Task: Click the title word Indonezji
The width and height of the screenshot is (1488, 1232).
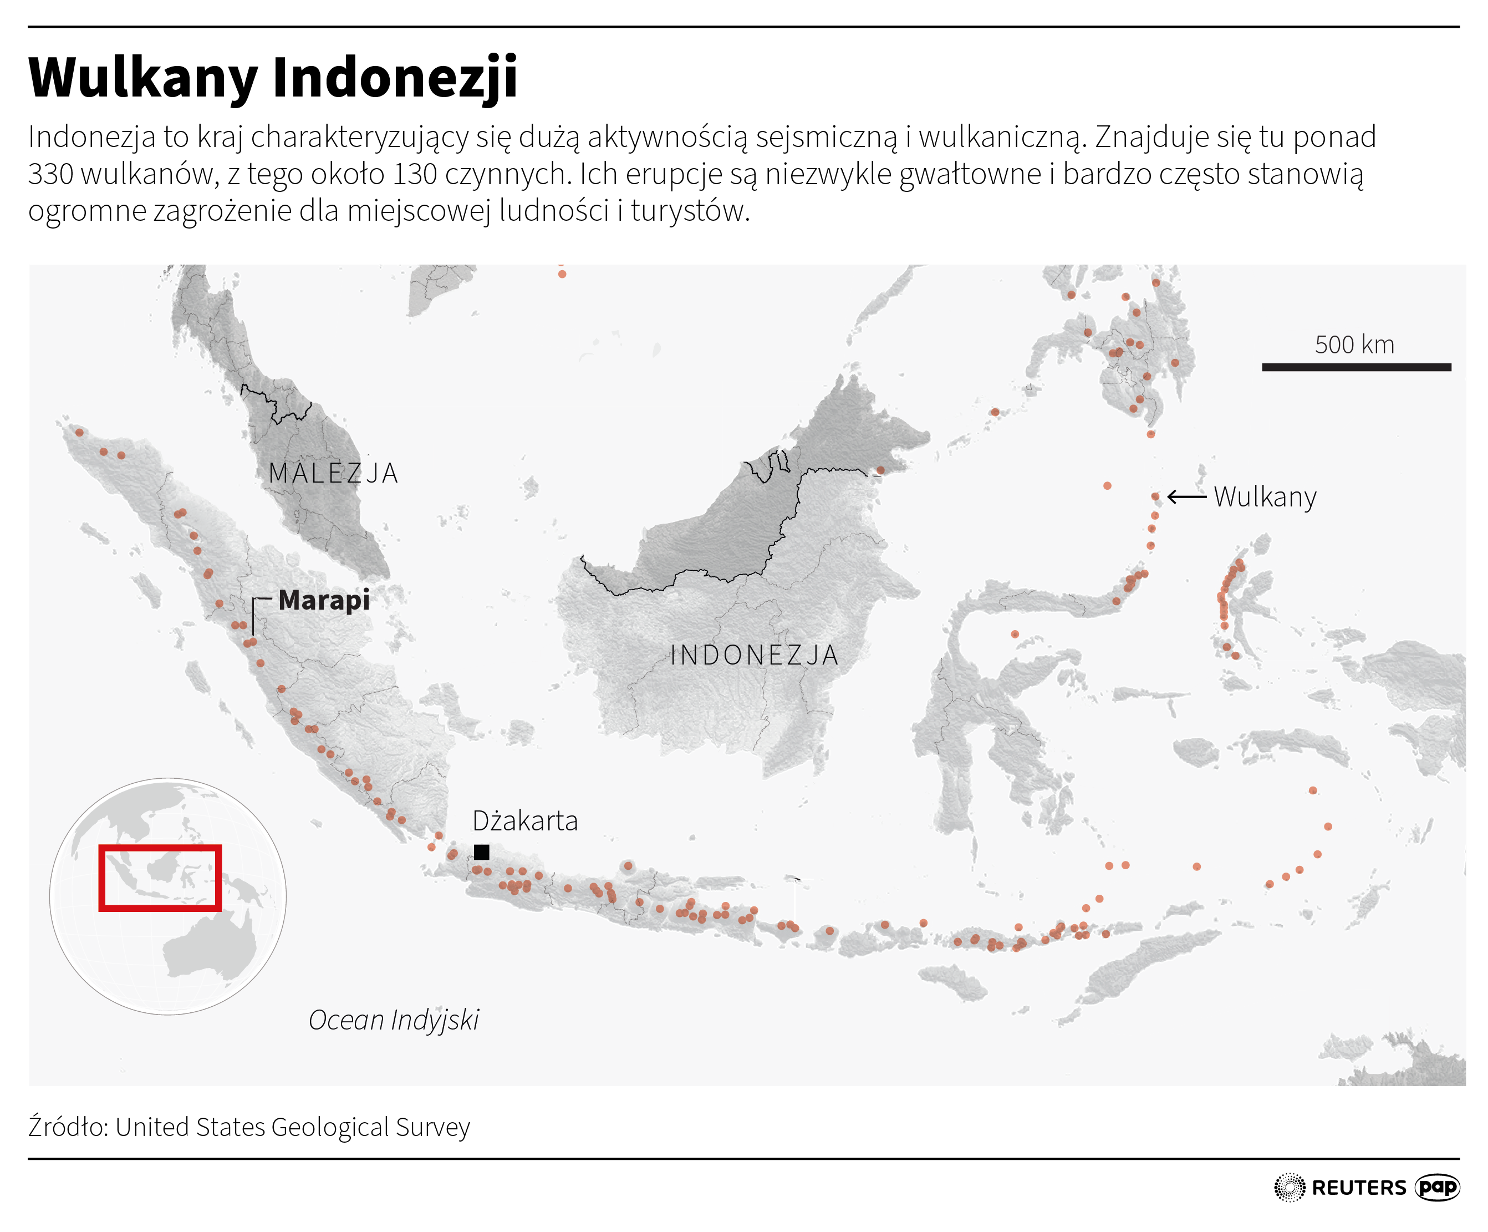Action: [395, 78]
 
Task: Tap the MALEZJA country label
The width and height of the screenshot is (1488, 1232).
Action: [333, 473]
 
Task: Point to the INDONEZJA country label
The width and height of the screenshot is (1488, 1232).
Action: [754, 655]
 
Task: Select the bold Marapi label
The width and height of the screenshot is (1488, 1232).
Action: [324, 600]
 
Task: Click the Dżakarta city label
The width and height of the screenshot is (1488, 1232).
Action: [525, 821]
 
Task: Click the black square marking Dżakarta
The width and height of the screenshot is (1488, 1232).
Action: [482, 851]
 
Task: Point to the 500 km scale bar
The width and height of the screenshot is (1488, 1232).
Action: [1356, 367]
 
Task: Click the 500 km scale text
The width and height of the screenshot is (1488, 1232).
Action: [1354, 344]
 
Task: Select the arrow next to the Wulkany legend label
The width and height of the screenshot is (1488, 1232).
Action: [1186, 497]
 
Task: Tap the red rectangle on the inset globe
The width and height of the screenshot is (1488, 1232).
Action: [160, 877]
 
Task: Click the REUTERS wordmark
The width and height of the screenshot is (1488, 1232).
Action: [1358, 1187]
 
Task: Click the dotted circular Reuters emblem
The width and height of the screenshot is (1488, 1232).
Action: [1290, 1187]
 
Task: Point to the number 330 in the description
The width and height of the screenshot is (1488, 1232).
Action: [50, 174]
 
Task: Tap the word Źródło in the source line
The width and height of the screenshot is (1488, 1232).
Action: [68, 1127]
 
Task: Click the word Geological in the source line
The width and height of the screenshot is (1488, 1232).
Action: [330, 1127]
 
